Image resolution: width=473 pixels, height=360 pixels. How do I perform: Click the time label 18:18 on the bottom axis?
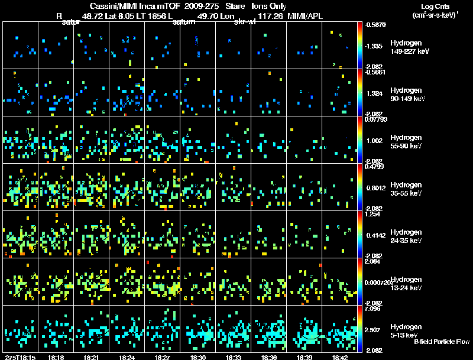click(x=56, y=357)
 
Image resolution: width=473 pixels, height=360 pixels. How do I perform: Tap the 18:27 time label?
click(x=163, y=357)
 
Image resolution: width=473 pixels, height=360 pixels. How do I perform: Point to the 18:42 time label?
click(x=340, y=357)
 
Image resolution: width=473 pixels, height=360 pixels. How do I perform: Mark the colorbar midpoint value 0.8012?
click(x=375, y=188)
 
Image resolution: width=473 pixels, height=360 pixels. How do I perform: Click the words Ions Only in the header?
click(x=270, y=5)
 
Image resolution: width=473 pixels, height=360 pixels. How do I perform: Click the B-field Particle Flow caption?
click(x=442, y=342)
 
